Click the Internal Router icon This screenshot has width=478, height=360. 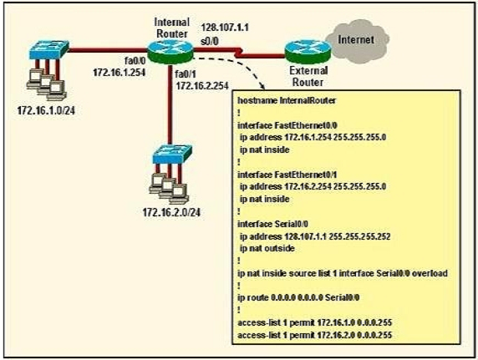[x=170, y=51]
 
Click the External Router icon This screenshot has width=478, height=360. [x=308, y=53]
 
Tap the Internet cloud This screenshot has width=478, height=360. [x=358, y=41]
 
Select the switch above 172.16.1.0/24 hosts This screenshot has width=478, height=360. [x=48, y=49]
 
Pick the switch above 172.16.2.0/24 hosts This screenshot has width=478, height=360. [x=172, y=155]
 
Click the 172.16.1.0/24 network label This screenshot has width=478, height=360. [x=46, y=110]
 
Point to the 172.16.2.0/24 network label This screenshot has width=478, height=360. [x=171, y=212]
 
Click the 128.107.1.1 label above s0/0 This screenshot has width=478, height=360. [x=225, y=28]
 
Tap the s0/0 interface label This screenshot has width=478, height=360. [x=210, y=41]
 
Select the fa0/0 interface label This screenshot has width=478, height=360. [x=135, y=61]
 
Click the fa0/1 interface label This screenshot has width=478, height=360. [x=186, y=74]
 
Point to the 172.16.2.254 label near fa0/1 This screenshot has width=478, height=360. [x=202, y=86]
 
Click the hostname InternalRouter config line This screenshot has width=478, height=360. [x=287, y=100]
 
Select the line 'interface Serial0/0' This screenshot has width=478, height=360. [x=272, y=224]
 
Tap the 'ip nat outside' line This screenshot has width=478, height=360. [x=267, y=248]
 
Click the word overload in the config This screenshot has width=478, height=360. [x=430, y=273]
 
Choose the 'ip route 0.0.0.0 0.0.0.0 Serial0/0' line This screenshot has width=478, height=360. [x=298, y=297]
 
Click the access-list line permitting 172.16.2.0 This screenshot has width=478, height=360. [x=314, y=335]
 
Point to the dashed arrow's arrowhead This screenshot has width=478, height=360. [x=262, y=86]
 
